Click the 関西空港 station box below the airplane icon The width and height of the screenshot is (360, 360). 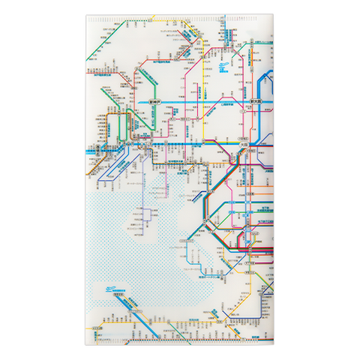pyautogui.click(x=118, y=295)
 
